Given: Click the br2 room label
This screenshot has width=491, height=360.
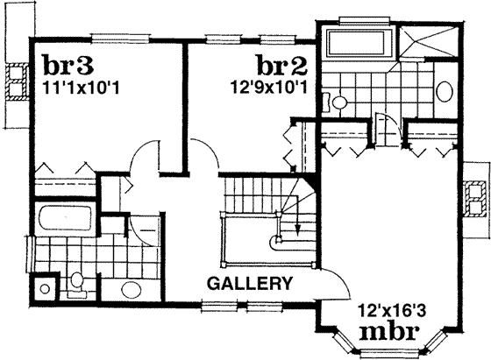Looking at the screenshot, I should tap(281, 66).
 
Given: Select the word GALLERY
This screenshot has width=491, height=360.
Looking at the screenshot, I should tap(250, 284).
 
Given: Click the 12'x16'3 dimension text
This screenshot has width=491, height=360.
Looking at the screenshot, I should tap(390, 309).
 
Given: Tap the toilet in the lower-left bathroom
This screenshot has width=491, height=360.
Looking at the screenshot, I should tap(77, 282).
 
